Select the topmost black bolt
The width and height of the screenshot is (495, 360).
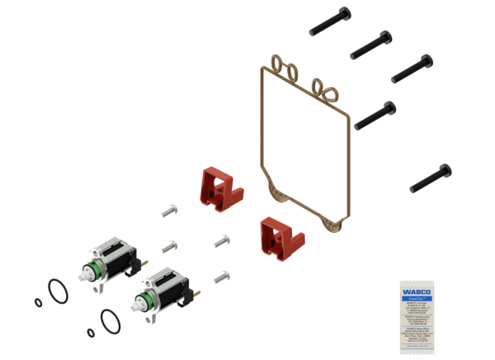click(x=330, y=21)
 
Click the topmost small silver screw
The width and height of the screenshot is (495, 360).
click(x=170, y=211)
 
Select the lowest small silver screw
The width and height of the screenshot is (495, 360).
click(x=219, y=277)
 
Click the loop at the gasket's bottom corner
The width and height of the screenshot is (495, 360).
click(x=334, y=222)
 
